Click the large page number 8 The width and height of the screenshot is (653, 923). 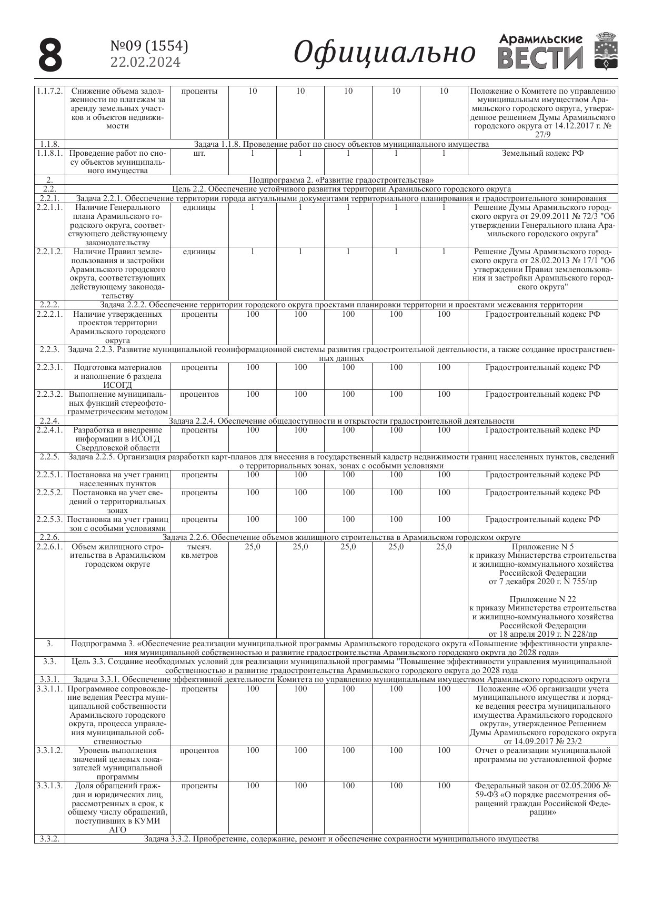(x=51, y=55)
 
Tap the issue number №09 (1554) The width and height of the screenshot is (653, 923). (x=149, y=47)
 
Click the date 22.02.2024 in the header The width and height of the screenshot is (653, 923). (x=145, y=62)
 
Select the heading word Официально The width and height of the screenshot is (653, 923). (x=384, y=53)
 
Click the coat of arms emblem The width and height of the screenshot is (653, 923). (x=606, y=51)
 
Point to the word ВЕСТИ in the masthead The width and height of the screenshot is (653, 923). (x=540, y=58)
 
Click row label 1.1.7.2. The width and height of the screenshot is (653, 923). (x=50, y=91)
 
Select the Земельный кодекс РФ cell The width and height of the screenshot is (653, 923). (x=543, y=153)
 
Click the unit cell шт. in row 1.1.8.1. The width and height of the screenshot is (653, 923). (x=199, y=154)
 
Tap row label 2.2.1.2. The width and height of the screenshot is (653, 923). (x=50, y=252)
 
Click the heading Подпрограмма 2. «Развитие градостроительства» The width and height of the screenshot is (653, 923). (x=341, y=180)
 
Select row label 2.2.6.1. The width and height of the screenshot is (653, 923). (x=50, y=547)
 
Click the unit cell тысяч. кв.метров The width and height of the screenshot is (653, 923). (x=199, y=551)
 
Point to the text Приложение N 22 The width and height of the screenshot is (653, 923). (x=543, y=599)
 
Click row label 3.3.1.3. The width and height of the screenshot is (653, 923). (x=50, y=786)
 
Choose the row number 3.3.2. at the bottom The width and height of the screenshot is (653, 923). (x=50, y=839)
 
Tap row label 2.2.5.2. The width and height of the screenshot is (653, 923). (x=50, y=493)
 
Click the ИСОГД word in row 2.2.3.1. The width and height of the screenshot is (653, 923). (x=117, y=385)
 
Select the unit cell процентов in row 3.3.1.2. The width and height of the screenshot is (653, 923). (x=199, y=750)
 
